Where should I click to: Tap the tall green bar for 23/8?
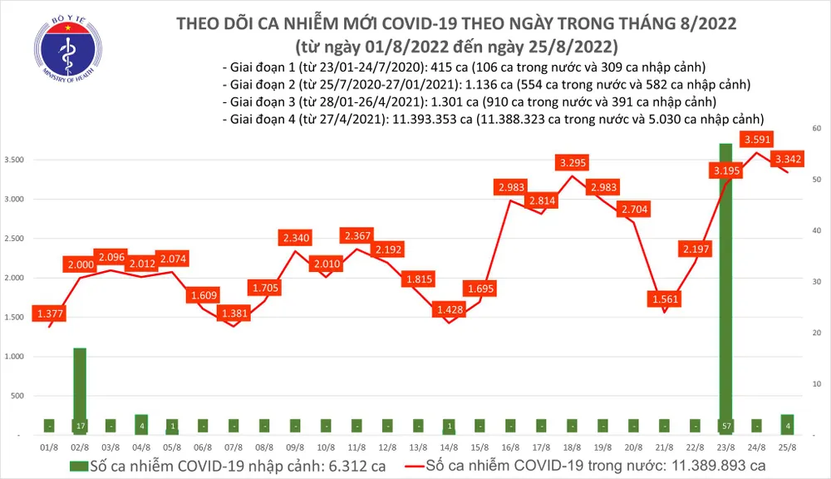click(x=725, y=283)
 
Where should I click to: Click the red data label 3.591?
click(x=760, y=139)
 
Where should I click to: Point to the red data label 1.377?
click(x=48, y=313)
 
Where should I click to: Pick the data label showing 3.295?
click(x=574, y=162)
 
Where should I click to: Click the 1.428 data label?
click(x=448, y=309)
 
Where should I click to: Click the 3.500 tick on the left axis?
click(x=16, y=160)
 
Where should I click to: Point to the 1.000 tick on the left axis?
click(x=16, y=356)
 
